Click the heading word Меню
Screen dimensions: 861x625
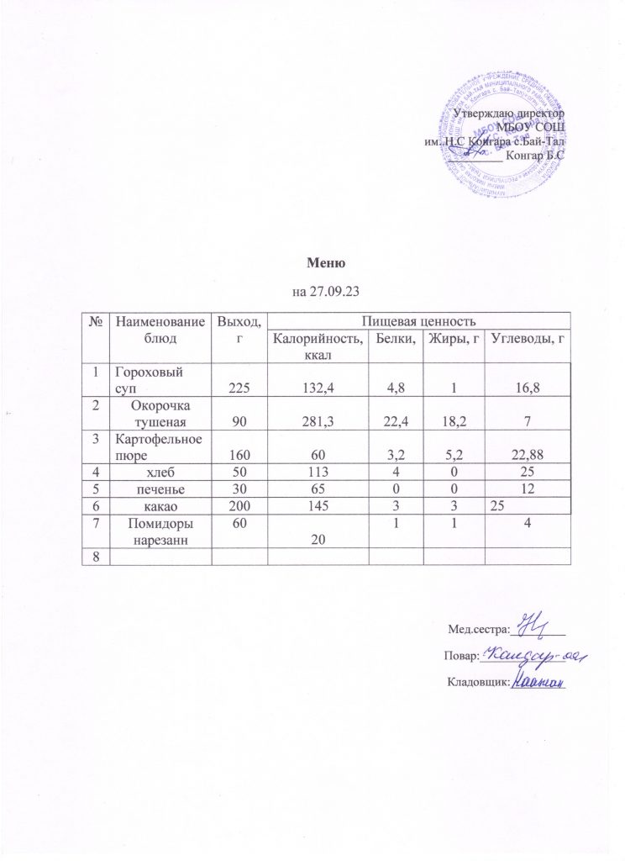pyautogui.click(x=322, y=264)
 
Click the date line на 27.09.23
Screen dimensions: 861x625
pyautogui.click(x=321, y=292)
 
